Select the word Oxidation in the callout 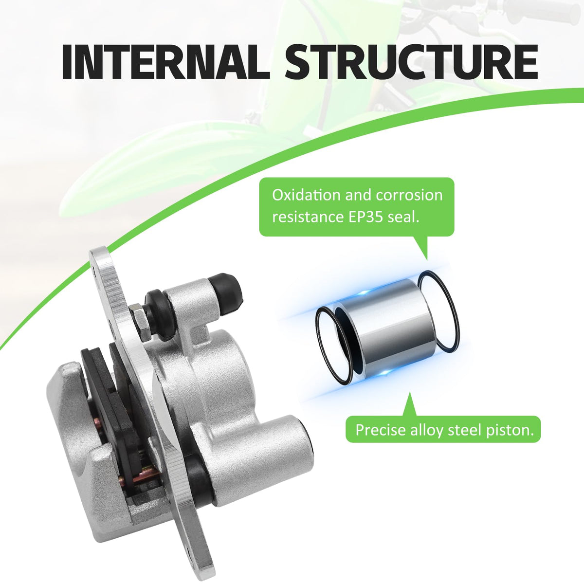tap(306, 196)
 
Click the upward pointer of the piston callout tap(408, 405)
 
